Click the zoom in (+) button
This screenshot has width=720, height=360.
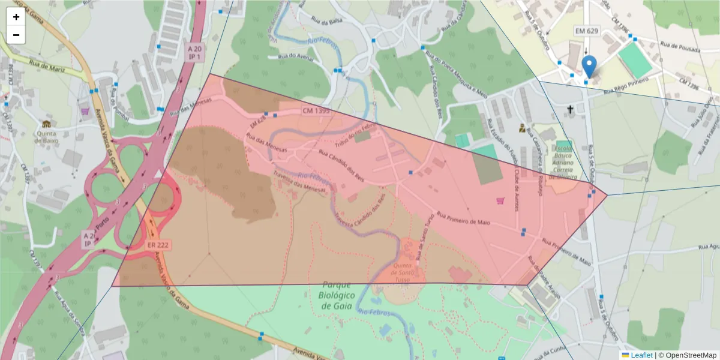coord(16,17)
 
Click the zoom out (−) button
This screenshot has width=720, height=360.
coord(16,35)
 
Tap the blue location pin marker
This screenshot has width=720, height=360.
coord(589,67)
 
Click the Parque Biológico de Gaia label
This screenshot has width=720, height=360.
coord(336,295)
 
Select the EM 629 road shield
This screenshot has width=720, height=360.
coord(587,31)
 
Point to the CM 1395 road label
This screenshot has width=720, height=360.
coord(316,110)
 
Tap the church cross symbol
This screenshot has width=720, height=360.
coord(571,109)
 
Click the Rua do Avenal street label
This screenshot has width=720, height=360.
coord(296,56)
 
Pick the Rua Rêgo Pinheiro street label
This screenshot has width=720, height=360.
coord(626,86)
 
